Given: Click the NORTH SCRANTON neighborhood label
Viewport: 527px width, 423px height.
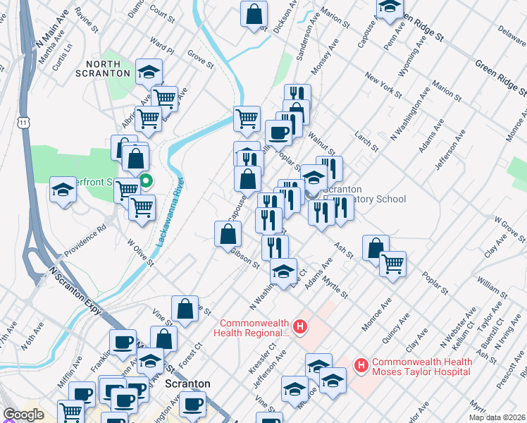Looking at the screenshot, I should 108,68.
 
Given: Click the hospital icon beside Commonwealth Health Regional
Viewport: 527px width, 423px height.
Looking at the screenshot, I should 300,326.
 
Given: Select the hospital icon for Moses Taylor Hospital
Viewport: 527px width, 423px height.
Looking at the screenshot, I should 361,365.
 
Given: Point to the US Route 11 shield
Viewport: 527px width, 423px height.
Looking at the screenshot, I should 25,123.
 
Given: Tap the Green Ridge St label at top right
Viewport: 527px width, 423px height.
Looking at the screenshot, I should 500,77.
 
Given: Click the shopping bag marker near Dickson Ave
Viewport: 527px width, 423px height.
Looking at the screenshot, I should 254,14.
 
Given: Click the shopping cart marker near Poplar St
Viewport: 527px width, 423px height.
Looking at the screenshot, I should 392,264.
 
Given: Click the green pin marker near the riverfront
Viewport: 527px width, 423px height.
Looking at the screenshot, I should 146,181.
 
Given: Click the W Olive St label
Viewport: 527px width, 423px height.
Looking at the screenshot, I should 140,252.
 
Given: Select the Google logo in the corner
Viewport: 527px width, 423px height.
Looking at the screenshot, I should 23,415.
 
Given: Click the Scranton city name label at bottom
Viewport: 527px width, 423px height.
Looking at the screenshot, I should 187,384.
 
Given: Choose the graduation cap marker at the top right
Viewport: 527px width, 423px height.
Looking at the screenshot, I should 389,7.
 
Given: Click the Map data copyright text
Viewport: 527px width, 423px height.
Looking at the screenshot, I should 497,417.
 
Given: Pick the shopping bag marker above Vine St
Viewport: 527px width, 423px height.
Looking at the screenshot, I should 185,309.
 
